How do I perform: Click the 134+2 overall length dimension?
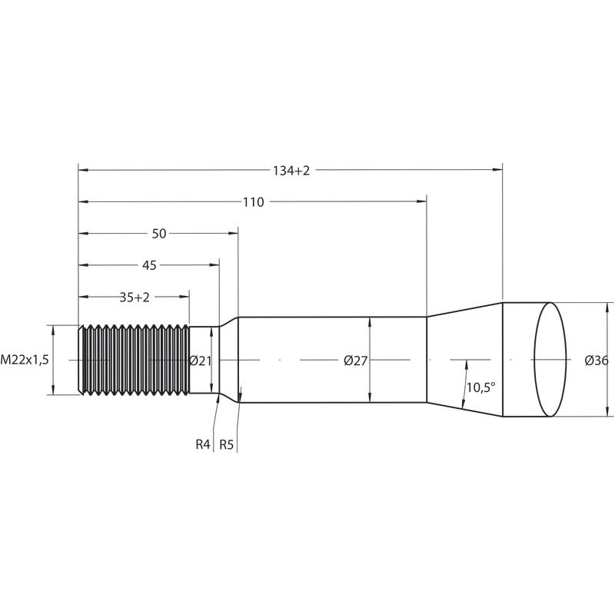coord(291,171)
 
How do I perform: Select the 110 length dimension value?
coord(254,202)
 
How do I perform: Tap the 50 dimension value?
coord(159,234)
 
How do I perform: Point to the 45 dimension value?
coord(149,265)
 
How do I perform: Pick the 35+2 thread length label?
coord(135,298)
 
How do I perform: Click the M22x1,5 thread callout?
coord(25,360)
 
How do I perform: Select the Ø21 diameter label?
coord(201,361)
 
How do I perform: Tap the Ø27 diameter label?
coord(355,361)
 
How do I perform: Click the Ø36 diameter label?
coord(597,361)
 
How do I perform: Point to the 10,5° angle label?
coord(481,388)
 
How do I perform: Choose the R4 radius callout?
coord(203,445)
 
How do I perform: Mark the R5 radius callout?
coord(226,445)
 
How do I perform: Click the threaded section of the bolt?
coord(134,360)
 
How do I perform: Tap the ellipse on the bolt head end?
coord(550,359)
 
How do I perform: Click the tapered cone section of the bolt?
coord(464,359)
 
